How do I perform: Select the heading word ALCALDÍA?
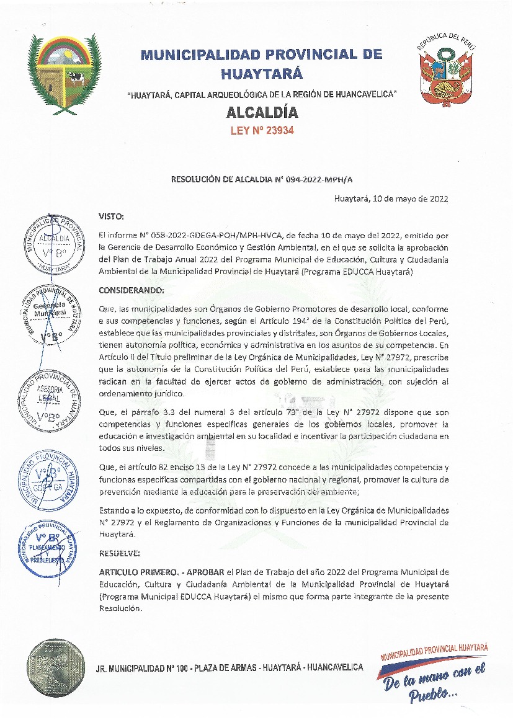pyautogui.click(x=261, y=113)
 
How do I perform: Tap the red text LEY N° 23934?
pyautogui.click(x=261, y=130)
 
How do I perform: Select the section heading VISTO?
pyautogui.click(x=112, y=216)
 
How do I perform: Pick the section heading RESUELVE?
pyautogui.click(x=120, y=552)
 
